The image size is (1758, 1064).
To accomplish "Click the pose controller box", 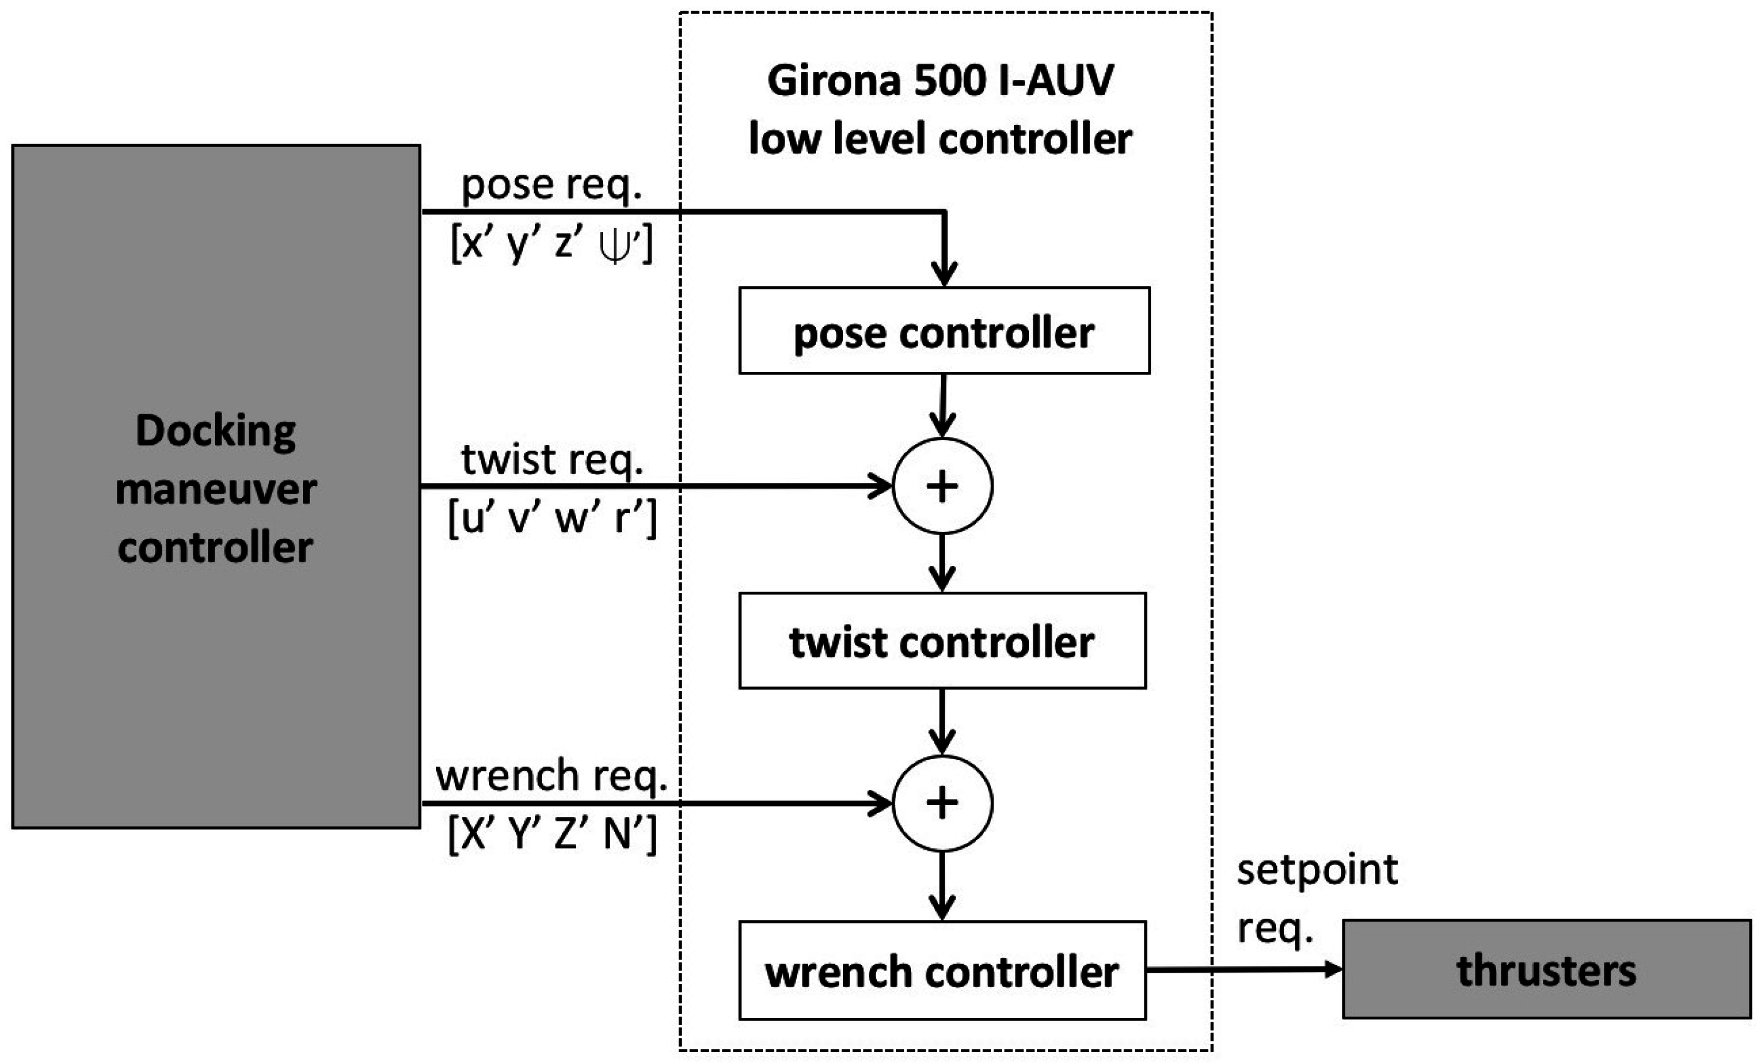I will tap(944, 331).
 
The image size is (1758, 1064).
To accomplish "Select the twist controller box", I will tap(942, 641).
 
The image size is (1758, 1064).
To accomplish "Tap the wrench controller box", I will tap(942, 971).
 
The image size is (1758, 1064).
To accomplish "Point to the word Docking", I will tap(215, 431).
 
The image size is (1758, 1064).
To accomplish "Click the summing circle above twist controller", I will tap(942, 486).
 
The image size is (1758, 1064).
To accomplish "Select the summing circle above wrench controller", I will tap(942, 803).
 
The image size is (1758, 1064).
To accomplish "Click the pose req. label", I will tap(551, 185).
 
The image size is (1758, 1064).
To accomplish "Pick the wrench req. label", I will tap(551, 776).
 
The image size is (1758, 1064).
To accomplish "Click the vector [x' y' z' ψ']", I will tap(551, 245).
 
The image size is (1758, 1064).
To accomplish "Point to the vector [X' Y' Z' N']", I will tap(551, 833).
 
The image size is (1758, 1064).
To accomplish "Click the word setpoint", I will tap(1317, 870).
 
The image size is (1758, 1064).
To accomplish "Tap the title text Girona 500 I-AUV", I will tap(940, 80).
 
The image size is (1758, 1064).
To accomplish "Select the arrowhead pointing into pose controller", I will tap(944, 275).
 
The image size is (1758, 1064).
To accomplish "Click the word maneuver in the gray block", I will tap(215, 490).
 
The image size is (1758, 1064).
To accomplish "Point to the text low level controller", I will tap(940, 139).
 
